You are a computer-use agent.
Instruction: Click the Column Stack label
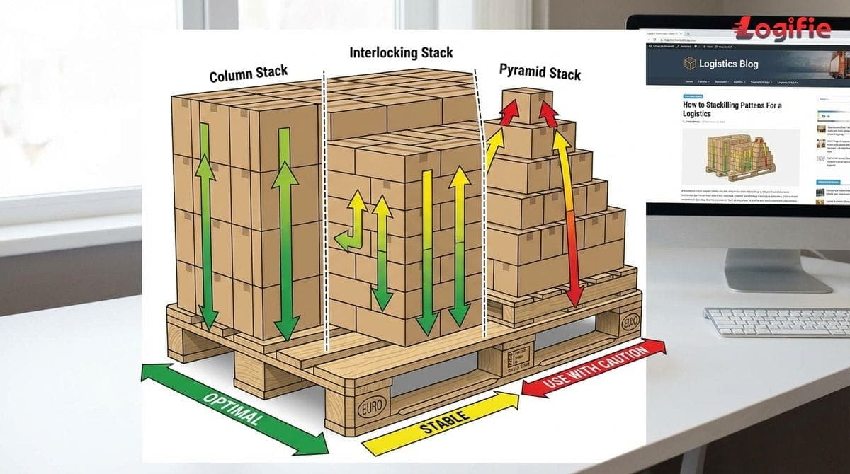click(x=248, y=74)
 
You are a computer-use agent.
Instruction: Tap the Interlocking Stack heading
click(x=401, y=52)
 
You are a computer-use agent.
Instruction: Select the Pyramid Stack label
click(x=540, y=71)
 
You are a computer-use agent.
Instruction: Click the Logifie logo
click(x=782, y=29)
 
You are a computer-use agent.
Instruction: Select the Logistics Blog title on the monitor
click(x=728, y=64)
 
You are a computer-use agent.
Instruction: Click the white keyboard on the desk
click(x=776, y=322)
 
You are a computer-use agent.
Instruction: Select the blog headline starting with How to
click(x=732, y=109)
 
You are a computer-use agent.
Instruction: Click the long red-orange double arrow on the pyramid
click(x=569, y=219)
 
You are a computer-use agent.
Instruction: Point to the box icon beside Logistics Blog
click(x=690, y=64)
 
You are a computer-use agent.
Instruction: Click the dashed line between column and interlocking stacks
click(x=325, y=212)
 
